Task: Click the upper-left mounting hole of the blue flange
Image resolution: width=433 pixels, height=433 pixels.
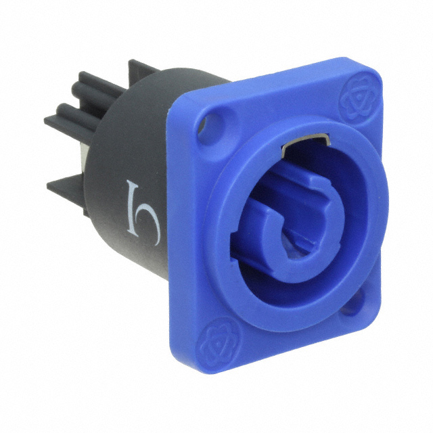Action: point(215,124)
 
